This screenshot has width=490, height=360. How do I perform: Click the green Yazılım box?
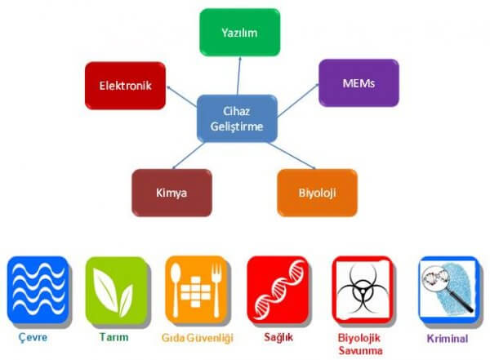coord(239,32)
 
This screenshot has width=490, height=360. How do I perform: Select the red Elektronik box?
coord(125,85)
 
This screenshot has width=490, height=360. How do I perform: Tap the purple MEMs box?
coord(359,82)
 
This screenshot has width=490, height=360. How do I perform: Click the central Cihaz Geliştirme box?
coord(238,118)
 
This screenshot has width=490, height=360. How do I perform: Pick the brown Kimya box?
coord(172,193)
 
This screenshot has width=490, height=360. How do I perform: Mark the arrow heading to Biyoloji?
coord(287,156)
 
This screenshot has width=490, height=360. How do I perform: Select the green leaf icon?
coord(114,290)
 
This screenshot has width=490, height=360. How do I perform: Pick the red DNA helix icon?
coord(276,290)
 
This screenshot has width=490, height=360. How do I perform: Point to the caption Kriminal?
coord(447,337)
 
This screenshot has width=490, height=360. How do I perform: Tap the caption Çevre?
coord(33,337)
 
